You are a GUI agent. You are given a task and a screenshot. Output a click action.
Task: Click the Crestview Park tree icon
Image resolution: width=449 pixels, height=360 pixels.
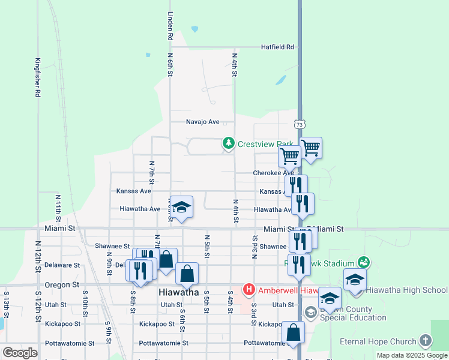click(228, 143)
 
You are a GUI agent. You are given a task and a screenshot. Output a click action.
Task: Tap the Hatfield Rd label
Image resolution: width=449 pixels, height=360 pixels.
click(277, 47)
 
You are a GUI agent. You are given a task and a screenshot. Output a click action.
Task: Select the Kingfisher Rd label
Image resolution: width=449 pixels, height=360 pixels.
click(37, 77)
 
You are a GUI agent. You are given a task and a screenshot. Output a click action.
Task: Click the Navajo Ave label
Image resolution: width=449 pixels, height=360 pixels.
click(203, 122)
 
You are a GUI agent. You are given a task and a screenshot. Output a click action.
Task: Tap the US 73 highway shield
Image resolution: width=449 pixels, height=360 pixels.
click(299, 124)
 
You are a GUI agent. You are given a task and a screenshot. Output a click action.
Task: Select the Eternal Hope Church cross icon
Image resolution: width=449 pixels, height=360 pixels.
click(425, 341)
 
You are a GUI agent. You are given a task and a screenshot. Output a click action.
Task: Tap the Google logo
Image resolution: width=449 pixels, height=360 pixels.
click(20, 352)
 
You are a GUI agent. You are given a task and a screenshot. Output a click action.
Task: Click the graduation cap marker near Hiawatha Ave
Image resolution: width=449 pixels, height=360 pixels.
click(181, 207)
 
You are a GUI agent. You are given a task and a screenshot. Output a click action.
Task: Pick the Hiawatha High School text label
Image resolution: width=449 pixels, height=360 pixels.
click(406, 290)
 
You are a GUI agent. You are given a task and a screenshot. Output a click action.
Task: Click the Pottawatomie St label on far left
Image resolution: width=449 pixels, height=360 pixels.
click(70, 343)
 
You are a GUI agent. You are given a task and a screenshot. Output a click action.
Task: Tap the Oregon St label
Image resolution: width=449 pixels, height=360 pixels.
click(62, 285)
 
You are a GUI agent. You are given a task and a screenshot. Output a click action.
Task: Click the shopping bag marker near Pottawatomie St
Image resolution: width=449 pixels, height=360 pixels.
click(293, 332)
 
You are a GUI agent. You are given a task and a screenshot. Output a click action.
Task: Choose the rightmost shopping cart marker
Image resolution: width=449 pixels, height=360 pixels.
click(310, 148)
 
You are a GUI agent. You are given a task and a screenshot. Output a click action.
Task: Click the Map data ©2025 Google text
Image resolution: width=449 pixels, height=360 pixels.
click(412, 355)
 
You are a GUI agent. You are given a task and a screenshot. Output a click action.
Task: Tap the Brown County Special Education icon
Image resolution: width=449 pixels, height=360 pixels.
click(310, 311)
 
